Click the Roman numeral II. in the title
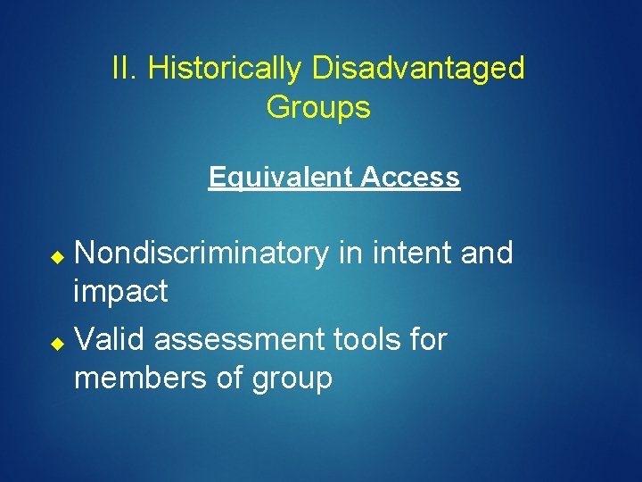click(x=125, y=68)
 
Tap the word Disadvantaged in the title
click(x=418, y=68)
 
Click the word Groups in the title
click(x=318, y=108)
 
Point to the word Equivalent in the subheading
click(x=281, y=178)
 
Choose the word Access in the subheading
click(x=411, y=178)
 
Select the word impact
click(x=120, y=292)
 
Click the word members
click(x=141, y=378)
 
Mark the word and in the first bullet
click(x=487, y=253)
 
